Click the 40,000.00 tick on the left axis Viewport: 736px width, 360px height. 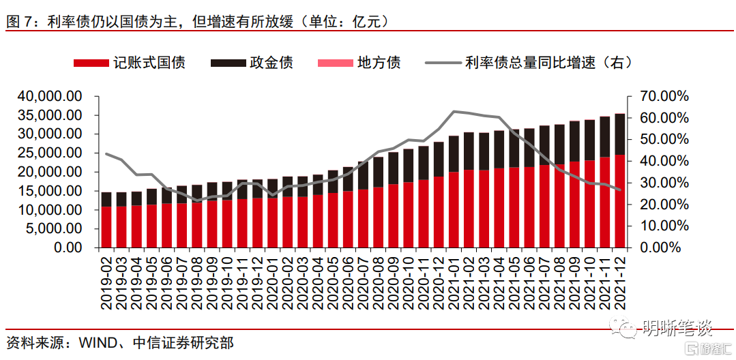53,97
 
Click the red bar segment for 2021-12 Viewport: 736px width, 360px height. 619,201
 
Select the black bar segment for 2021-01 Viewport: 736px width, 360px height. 454,153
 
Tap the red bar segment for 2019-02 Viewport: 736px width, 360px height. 106,226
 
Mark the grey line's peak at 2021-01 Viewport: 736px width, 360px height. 454,111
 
